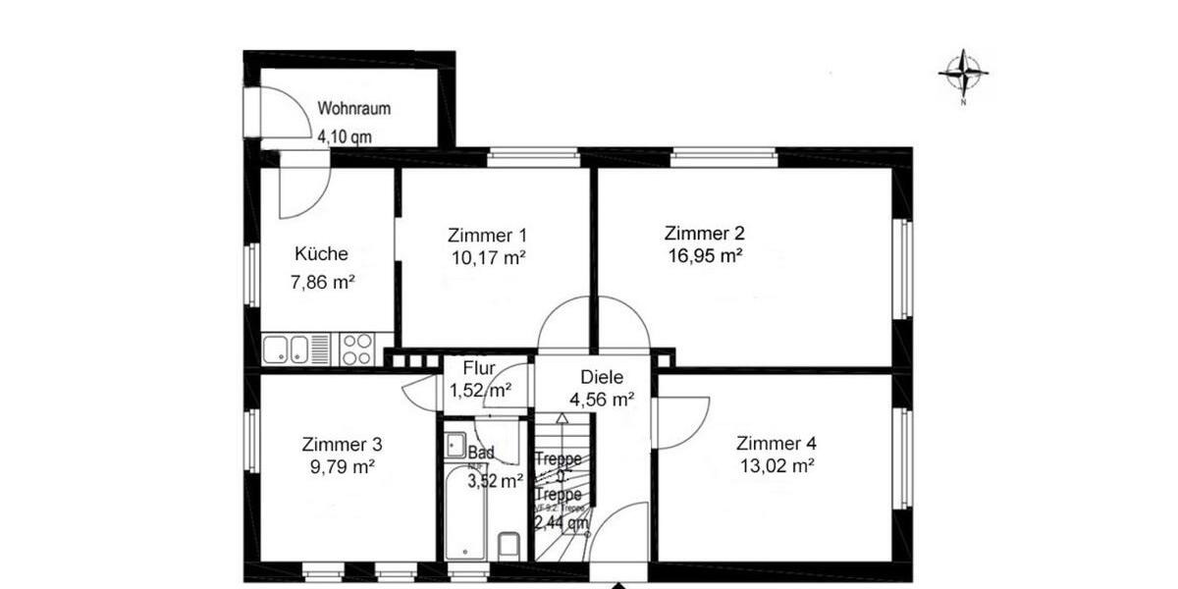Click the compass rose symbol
pos(963,71)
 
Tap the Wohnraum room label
pos(354,109)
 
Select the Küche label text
pos(321,254)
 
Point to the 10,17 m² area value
pos(488,259)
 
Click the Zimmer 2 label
pos(704,234)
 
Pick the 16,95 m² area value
pos(703,257)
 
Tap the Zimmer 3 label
pos(342,444)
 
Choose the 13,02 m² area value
pos(776,466)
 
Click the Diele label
pos(602,377)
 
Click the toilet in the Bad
pos(509,544)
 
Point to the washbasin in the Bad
pos(455,445)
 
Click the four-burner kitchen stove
pos(356,348)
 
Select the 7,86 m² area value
pos(322,283)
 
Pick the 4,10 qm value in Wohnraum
pos(344,137)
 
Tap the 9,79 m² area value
pos(342,467)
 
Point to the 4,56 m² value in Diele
pos(602,400)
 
